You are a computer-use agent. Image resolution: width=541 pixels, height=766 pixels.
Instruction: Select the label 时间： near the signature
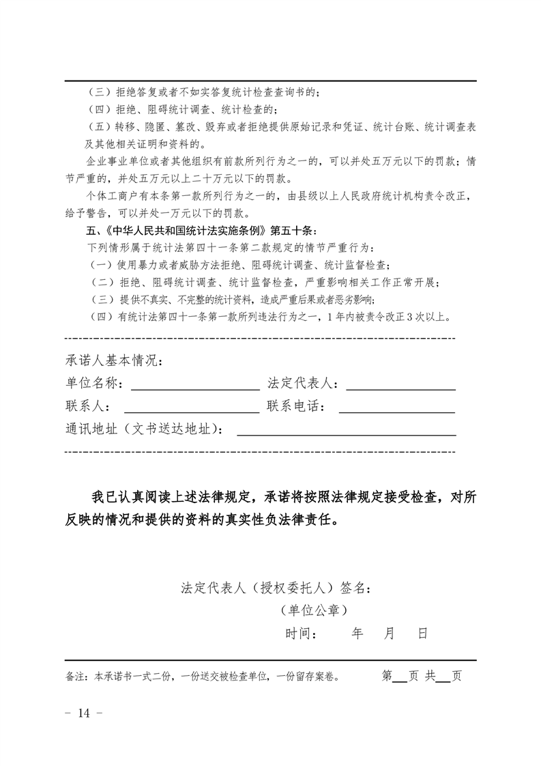point(300,634)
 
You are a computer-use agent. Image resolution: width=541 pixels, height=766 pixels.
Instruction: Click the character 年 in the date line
point(357,634)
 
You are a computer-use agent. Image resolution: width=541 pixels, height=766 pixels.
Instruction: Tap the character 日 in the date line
point(422,634)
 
